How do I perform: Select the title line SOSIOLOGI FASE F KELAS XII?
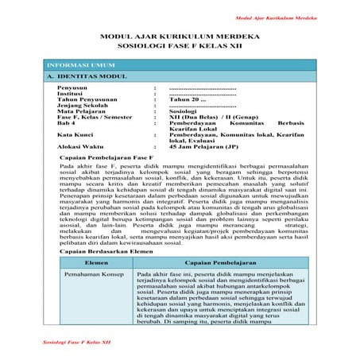(x=179, y=47)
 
